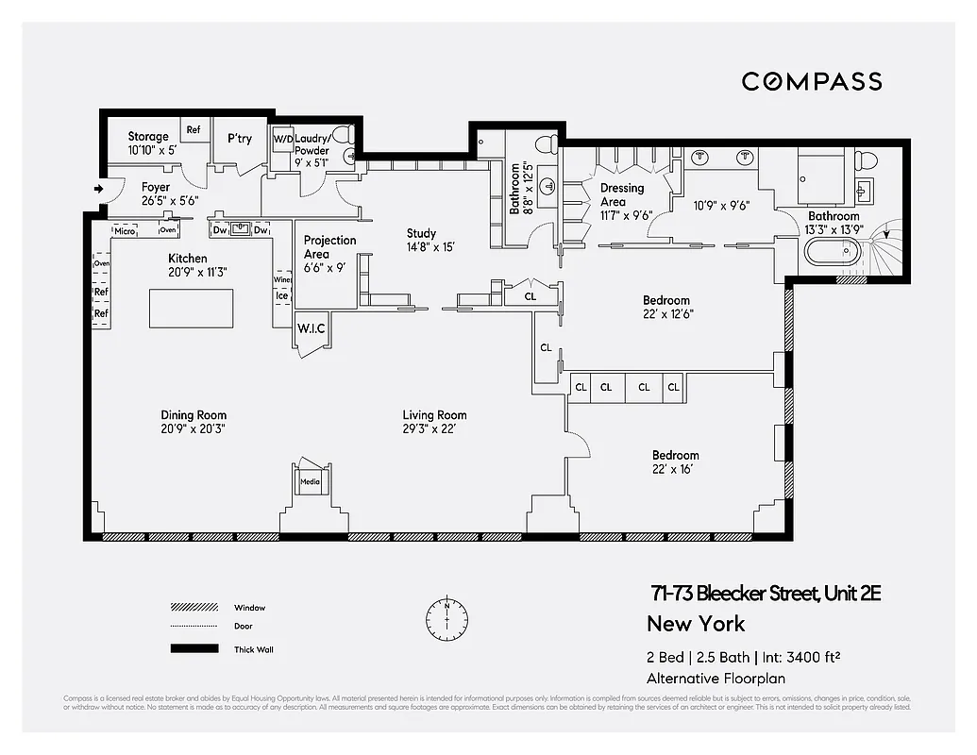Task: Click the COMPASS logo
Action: tap(811, 82)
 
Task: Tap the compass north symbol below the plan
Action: tap(446, 618)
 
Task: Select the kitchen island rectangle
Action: tap(192, 308)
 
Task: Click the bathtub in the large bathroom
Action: tap(832, 254)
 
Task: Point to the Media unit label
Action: tap(310, 482)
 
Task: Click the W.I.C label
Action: tap(312, 328)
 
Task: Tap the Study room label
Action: tap(421, 233)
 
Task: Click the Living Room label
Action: tap(434, 415)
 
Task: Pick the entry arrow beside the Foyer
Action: tap(97, 190)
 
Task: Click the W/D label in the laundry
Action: tap(282, 139)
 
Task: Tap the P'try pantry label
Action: tap(240, 139)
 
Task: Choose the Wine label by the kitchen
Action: tap(282, 279)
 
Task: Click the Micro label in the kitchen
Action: tap(125, 230)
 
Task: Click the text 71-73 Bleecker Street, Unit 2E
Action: tap(765, 594)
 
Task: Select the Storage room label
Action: tap(148, 137)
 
